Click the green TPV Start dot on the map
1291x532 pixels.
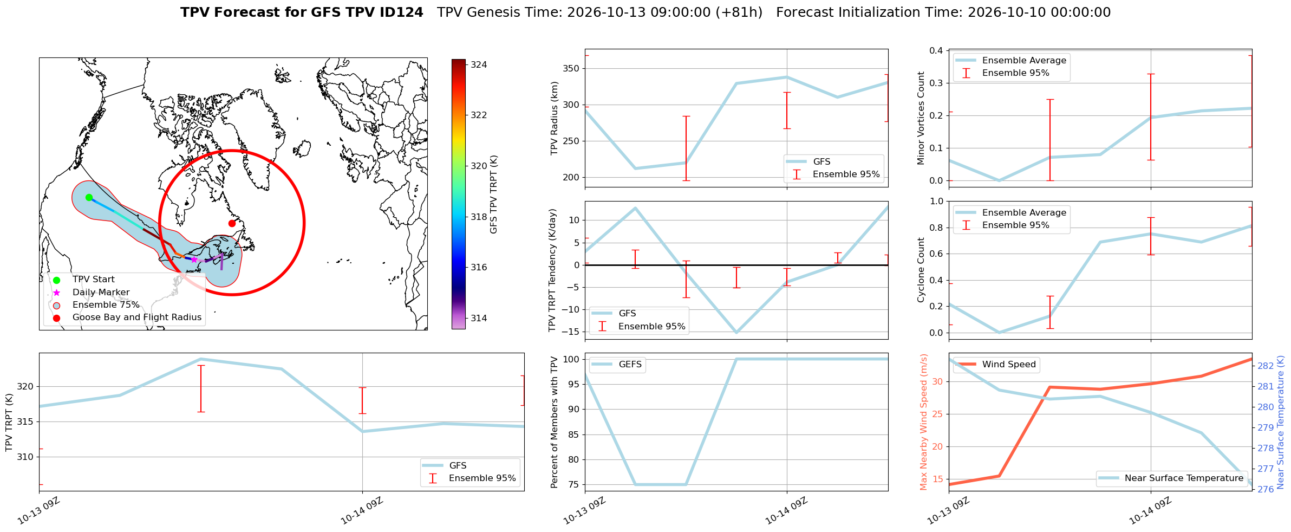(x=89, y=197)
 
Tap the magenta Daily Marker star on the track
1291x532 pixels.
(x=194, y=259)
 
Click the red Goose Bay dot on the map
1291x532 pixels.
(x=232, y=223)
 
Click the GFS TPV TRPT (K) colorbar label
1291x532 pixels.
(x=493, y=194)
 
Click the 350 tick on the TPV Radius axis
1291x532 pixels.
(x=573, y=68)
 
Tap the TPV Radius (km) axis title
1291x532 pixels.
(x=554, y=118)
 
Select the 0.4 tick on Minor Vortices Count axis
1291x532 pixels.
(x=936, y=50)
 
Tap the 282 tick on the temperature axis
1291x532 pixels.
(x=1266, y=366)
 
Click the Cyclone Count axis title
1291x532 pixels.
(x=921, y=270)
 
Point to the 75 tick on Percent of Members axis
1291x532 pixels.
(x=576, y=485)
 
